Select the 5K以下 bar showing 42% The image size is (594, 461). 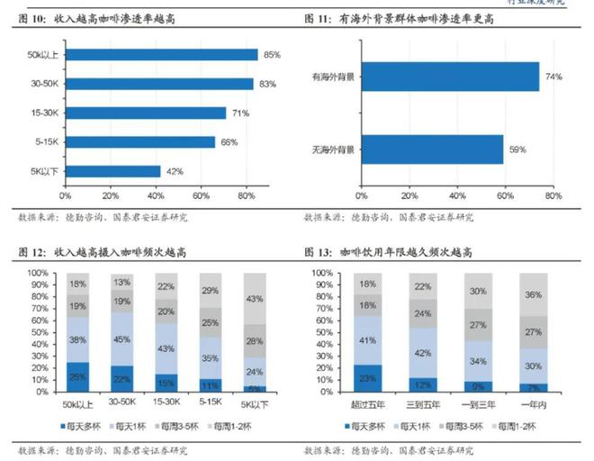click(112, 171)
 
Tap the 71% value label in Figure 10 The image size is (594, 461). click(240, 113)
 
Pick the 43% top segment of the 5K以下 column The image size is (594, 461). click(256, 298)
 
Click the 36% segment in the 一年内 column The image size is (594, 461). click(533, 294)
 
